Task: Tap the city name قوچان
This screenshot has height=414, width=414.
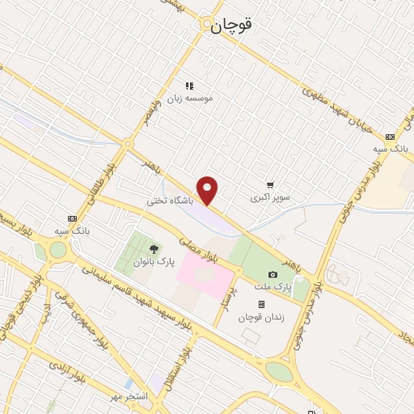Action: (232, 25)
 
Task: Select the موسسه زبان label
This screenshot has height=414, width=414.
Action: (190, 98)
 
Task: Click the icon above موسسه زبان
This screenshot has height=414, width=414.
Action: (189, 85)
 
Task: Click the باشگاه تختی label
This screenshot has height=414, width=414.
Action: (171, 198)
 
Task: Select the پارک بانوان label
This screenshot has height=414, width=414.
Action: (154, 262)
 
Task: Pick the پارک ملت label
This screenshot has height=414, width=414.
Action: (277, 287)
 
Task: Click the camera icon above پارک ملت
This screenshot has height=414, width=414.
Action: (272, 275)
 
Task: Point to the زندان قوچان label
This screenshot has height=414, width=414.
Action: (261, 318)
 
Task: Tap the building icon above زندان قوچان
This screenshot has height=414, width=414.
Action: (261, 305)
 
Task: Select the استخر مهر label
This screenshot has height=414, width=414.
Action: (131, 397)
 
